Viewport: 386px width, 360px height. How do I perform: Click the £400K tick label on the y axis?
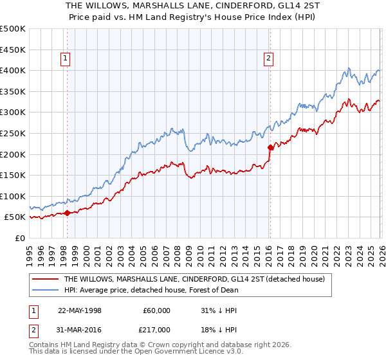tap(13, 70)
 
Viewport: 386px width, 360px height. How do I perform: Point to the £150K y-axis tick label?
tap(13, 175)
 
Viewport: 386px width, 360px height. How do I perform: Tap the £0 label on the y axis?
tap(20, 238)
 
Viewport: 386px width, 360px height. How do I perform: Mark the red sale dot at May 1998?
tap(68, 213)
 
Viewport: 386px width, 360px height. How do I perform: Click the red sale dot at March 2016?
tap(270, 147)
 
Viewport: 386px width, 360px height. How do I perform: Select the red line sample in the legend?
tap(44, 280)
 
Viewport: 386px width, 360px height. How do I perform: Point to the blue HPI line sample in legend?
tap(44, 290)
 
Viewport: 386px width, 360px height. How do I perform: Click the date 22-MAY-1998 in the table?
tap(80, 310)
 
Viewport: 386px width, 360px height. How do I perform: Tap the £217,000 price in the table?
tap(156, 329)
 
